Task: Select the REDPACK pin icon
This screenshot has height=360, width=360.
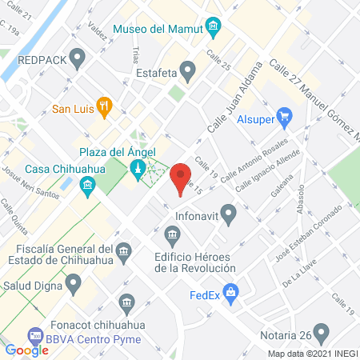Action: click(x=78, y=58)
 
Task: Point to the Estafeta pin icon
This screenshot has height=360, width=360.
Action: click(x=187, y=73)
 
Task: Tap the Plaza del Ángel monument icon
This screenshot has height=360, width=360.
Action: click(x=138, y=168)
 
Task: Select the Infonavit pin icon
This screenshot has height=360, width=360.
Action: click(x=230, y=214)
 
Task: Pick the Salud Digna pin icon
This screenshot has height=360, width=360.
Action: click(x=74, y=282)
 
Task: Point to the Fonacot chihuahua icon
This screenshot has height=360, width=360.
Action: click(x=126, y=303)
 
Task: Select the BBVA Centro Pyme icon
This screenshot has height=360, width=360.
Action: click(x=34, y=335)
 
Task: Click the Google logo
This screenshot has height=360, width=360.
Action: click(x=26, y=350)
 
